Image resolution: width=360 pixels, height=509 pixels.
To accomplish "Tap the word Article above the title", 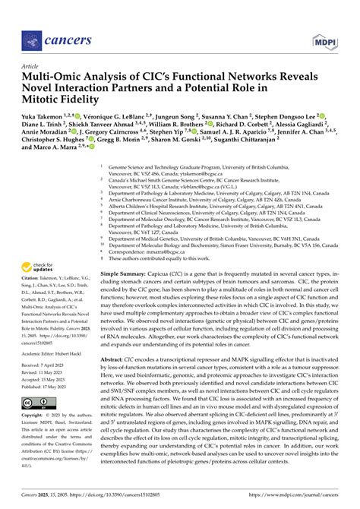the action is point(33,67).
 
